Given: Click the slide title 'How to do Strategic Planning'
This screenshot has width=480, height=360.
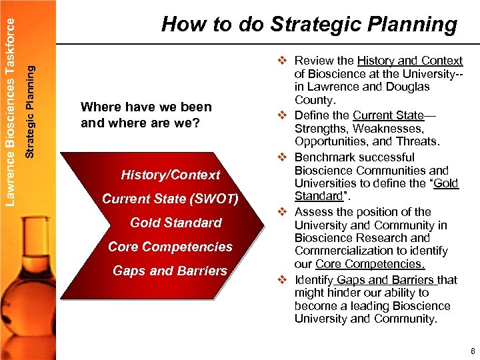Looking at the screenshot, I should coord(309,25).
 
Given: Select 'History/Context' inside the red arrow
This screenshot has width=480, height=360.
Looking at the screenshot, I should coord(170,175).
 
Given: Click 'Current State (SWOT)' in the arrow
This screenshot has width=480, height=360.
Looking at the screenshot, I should coord(170,199).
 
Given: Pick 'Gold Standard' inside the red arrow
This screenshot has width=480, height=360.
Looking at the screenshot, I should coord(175,223).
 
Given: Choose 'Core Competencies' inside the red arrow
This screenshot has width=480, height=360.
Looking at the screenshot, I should coord(170,247).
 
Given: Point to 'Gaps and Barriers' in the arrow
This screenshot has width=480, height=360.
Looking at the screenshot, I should coord(170,271).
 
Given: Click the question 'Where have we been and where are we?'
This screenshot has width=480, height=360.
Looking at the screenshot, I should coord(145,115).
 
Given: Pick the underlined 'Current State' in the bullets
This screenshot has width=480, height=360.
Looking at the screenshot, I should coord(388,115).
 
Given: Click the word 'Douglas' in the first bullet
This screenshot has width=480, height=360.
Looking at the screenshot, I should coord(409,87).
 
